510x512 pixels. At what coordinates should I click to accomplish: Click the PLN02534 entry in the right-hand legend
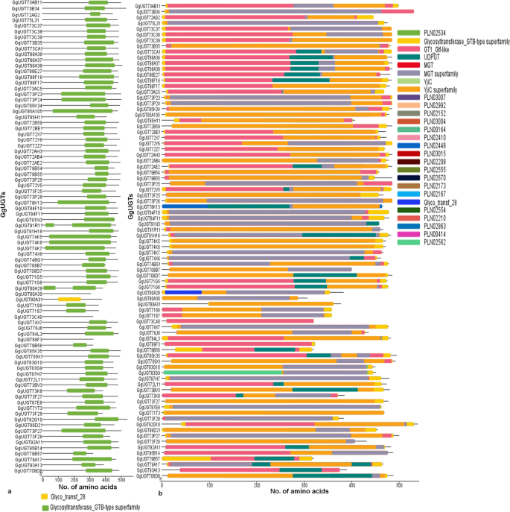(x=433, y=34)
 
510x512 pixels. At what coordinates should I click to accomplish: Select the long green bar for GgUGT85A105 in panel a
(x=81, y=111)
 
